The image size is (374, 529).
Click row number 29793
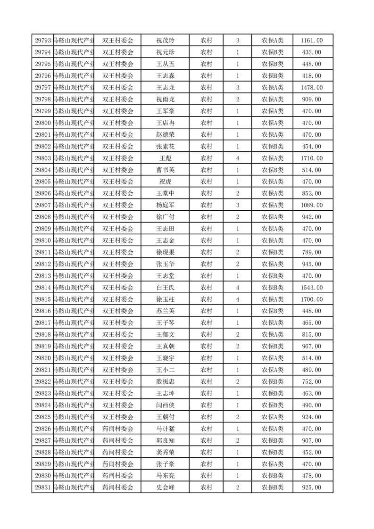(43, 41)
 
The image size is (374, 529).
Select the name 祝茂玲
(165, 41)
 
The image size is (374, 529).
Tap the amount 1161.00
(311, 41)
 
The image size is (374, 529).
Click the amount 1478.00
(311, 88)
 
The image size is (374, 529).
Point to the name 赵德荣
(165, 135)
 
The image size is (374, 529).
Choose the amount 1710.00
(311, 158)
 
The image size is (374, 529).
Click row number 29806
(43, 193)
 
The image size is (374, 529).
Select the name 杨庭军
(165, 205)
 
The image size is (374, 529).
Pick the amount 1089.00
(311, 205)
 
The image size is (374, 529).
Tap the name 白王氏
(165, 288)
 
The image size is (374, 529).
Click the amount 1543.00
(311, 288)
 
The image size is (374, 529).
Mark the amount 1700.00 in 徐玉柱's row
(311, 299)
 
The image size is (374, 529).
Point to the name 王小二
(165, 370)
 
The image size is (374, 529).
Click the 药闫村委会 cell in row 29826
(118, 429)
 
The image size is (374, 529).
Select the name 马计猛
(165, 429)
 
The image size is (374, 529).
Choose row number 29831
(43, 488)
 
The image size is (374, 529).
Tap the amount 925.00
(311, 488)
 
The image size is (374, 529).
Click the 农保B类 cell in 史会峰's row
(273, 488)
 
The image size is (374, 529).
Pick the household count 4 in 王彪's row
(237, 158)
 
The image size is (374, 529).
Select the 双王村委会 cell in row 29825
(118, 417)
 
